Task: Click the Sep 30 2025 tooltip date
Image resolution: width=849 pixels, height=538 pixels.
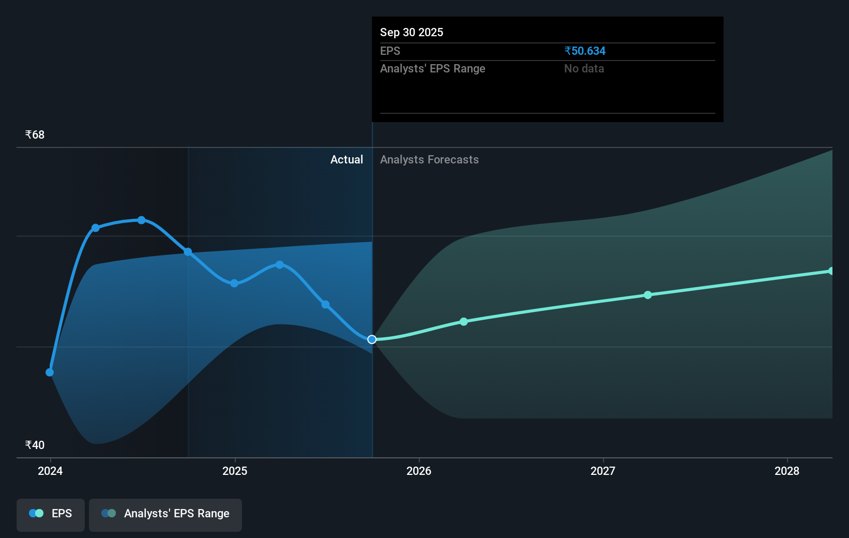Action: click(412, 32)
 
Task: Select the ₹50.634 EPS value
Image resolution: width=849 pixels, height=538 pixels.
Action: click(585, 51)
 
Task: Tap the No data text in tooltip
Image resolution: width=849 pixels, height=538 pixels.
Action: click(584, 68)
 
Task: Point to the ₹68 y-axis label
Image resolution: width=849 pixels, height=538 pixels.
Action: click(35, 134)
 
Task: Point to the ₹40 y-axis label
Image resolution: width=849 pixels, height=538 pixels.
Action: click(35, 445)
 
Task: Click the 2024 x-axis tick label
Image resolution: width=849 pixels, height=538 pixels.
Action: click(50, 471)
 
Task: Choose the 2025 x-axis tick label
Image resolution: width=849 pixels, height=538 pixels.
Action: click(235, 471)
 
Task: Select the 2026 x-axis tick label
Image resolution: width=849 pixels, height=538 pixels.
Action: click(419, 471)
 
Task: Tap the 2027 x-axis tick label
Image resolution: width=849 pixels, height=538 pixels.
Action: click(603, 471)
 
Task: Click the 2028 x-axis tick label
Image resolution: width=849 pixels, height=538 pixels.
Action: click(787, 471)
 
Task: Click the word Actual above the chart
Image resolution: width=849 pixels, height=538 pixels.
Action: click(346, 159)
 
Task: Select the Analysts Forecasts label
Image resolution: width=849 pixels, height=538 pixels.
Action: click(429, 159)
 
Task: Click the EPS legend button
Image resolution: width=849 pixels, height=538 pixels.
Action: click(51, 514)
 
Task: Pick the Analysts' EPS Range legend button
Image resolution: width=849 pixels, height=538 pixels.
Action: click(165, 514)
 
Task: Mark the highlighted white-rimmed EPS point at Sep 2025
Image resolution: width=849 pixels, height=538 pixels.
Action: click(372, 339)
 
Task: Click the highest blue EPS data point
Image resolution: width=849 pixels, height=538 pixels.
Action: click(141, 220)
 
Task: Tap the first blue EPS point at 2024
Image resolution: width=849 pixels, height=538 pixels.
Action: click(50, 372)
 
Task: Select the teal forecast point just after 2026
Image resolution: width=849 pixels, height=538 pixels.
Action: click(464, 322)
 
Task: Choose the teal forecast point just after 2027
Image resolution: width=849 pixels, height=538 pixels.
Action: click(648, 295)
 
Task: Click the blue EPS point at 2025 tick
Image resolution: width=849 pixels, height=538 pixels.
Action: click(234, 283)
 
